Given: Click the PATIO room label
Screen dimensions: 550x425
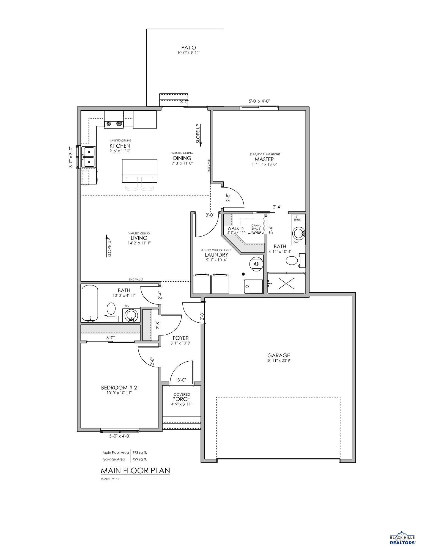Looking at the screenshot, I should point(188,48).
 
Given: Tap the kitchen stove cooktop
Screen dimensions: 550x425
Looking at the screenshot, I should point(114,124).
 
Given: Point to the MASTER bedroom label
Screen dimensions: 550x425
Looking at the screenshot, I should point(264,159).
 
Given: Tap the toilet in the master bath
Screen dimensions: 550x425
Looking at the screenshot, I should point(292,260).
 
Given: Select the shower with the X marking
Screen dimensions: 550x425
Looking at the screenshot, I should point(286,283).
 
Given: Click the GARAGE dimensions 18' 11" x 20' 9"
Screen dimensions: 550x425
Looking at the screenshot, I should point(279,361).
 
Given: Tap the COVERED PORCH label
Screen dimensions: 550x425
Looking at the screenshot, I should point(182,399).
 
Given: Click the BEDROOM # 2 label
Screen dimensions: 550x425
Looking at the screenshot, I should point(119,388).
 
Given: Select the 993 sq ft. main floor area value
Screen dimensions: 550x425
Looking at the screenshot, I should point(140,452).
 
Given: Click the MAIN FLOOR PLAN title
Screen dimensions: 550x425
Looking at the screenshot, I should point(135,471).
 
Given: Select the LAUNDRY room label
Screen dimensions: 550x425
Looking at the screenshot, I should point(216,255).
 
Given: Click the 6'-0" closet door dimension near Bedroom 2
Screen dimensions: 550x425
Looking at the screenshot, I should point(111,338).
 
